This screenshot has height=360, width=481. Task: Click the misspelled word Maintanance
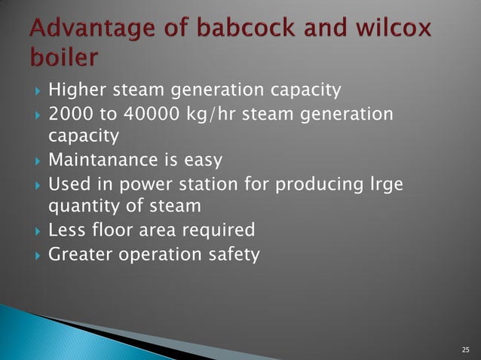[x=104, y=160]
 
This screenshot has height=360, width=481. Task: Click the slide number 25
[x=464, y=349]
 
